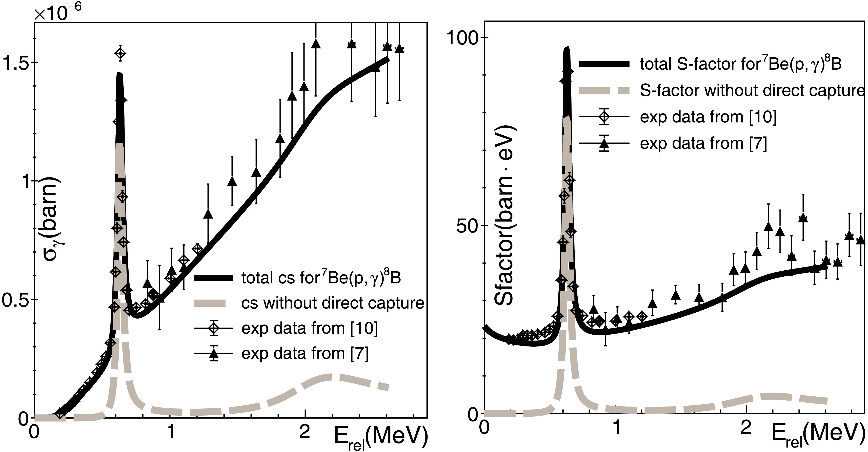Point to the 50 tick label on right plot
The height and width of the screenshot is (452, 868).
click(x=468, y=225)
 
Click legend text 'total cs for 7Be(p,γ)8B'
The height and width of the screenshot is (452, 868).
click(x=321, y=278)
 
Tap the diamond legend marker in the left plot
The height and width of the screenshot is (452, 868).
click(x=214, y=328)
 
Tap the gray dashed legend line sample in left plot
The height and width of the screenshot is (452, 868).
click(x=214, y=303)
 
